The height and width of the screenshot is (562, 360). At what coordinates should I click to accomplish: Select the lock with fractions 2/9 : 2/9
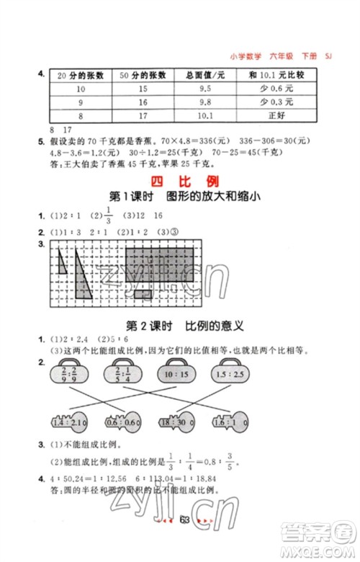64,375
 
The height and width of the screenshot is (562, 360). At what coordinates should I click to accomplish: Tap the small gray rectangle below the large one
141,293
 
